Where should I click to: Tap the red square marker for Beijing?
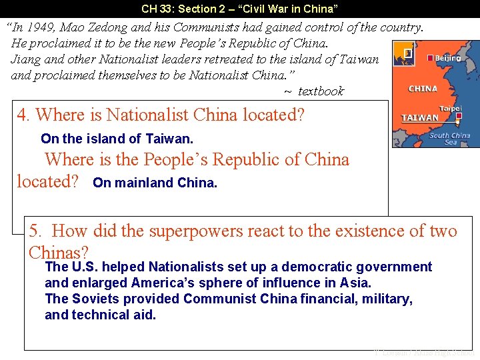[431, 58]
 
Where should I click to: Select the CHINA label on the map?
[423, 89]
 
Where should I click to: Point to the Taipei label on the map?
[450, 109]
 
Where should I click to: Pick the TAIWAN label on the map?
[420, 118]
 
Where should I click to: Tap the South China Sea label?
[449, 139]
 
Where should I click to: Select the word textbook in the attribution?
[321, 91]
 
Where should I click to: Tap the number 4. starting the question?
[23, 115]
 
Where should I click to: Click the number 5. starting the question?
[36, 231]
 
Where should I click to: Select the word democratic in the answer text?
[315, 267]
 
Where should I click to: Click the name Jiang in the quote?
[25, 59]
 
